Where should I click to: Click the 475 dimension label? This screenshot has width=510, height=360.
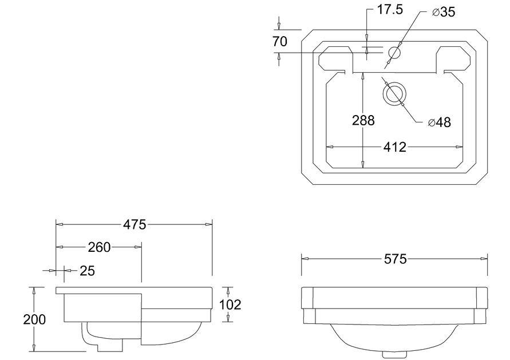click(135, 225)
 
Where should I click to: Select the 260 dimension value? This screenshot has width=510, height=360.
click(99, 247)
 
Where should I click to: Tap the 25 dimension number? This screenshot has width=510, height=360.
click(87, 271)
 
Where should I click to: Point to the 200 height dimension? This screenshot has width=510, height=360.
click(34, 320)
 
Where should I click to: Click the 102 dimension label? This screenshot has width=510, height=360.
click(230, 304)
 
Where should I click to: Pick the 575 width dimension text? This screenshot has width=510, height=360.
click(395, 259)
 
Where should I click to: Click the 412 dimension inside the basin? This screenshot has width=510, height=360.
click(395, 147)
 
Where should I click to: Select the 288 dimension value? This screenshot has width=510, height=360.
click(363, 120)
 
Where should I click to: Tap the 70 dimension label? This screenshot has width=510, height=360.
click(280, 42)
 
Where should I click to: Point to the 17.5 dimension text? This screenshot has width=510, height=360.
click(390, 10)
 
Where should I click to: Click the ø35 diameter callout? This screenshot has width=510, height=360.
click(444, 12)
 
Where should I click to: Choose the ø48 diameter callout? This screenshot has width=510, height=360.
click(440, 122)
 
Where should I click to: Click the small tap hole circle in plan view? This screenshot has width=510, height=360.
click(394, 52)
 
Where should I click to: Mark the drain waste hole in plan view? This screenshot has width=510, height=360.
click(394, 94)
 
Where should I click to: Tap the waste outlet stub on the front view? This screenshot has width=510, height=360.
click(394, 354)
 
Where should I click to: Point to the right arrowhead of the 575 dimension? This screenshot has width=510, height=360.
click(484, 259)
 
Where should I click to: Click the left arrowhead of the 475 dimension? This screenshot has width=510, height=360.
click(60, 224)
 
